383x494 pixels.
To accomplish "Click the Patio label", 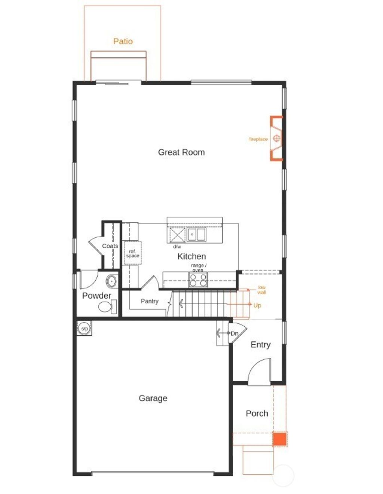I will [x=123, y=41].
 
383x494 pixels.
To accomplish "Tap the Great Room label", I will [x=181, y=152].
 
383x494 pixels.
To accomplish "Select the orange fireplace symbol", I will [x=276, y=138].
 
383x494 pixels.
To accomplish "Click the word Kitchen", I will [x=191, y=256].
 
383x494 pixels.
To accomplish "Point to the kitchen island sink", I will [x=196, y=235].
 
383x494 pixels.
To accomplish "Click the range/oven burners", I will [x=198, y=280].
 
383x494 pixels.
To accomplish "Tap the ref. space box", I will [x=132, y=254].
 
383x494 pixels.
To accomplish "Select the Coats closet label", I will [x=110, y=246].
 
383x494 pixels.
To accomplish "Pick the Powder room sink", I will [x=111, y=281].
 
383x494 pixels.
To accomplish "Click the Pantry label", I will [x=150, y=301].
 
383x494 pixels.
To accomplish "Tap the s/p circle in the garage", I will [x=85, y=329].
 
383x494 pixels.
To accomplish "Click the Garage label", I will [x=153, y=398].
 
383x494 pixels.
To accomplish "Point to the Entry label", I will [x=260, y=345].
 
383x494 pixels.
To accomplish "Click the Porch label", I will [x=257, y=414].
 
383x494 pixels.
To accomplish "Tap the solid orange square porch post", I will [x=279, y=439].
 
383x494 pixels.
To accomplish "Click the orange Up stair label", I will [x=257, y=305].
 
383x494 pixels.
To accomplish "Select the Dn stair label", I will [x=235, y=333].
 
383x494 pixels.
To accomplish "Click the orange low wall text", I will [x=261, y=290].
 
